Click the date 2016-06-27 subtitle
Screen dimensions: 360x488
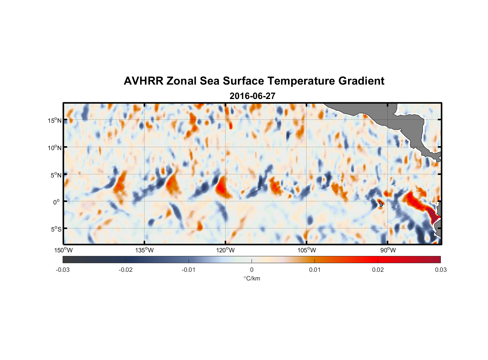252,96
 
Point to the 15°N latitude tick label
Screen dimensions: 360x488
55,120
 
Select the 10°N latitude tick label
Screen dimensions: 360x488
55,148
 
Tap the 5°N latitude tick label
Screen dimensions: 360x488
56,175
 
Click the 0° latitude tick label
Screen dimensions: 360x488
57,202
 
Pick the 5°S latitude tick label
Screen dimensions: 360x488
56,229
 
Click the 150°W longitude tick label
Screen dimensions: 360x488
63,250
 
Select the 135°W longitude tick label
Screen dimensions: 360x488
144,250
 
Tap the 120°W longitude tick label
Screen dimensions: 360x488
225,250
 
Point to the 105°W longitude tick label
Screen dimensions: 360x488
307,250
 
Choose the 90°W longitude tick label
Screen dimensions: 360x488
388,250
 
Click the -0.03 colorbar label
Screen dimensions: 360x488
63,270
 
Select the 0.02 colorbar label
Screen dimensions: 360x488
378,270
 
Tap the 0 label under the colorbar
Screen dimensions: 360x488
252,270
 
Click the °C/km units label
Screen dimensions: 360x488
252,278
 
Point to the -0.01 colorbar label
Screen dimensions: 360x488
189,270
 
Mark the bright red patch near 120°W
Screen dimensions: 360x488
221,186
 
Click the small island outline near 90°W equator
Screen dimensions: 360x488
380,203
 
